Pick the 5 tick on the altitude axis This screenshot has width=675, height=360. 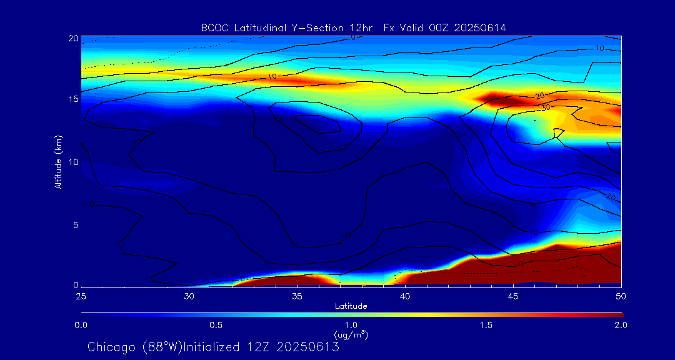74,224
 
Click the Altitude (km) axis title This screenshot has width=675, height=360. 58,162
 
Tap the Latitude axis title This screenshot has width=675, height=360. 351,306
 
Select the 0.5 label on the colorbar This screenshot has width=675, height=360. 216,325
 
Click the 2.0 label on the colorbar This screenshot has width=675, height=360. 620,325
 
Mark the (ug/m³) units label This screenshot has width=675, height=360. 351,335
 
